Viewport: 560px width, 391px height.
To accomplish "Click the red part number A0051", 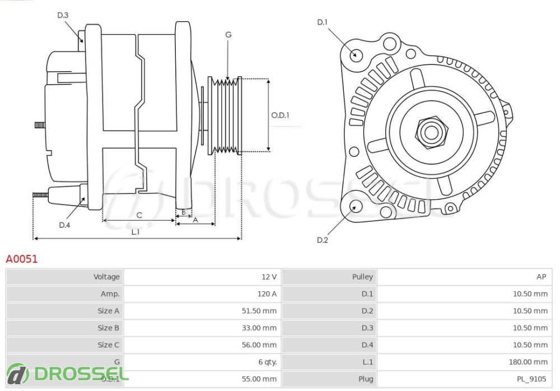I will (x=22, y=259).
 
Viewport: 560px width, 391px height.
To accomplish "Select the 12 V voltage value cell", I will (x=269, y=277).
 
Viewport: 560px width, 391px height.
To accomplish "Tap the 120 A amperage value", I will (x=267, y=294).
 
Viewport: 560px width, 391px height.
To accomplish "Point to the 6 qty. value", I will (x=267, y=362).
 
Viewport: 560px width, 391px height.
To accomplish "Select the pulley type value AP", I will (x=541, y=277).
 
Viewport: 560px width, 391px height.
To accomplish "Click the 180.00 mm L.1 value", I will (x=528, y=362).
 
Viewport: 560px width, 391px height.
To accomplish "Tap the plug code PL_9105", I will (x=531, y=379).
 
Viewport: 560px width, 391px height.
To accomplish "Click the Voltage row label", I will (x=106, y=277).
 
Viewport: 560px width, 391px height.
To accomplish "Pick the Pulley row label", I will (x=362, y=277).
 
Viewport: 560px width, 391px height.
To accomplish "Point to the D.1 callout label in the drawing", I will (x=322, y=22).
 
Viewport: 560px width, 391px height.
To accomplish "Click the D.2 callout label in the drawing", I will (x=322, y=240).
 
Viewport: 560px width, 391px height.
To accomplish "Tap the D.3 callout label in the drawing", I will (x=63, y=16).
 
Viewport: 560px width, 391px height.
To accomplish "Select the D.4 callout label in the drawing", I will (x=64, y=225).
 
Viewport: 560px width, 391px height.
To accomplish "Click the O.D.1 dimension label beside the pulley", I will (x=280, y=115).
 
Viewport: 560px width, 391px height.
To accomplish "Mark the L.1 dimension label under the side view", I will (x=136, y=231).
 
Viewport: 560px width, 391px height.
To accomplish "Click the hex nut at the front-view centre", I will (x=431, y=132).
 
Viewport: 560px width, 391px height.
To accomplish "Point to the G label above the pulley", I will (x=228, y=35).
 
